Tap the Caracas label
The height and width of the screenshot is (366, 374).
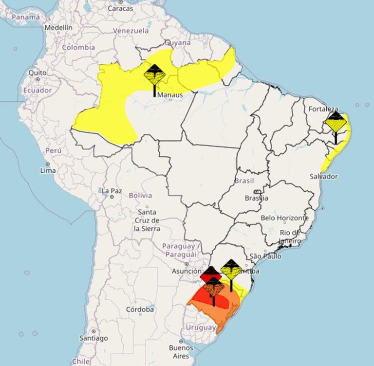(120, 8)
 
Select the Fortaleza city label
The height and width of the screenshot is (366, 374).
(323, 109)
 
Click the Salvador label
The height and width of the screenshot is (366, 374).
(323, 176)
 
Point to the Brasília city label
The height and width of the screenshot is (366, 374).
(257, 198)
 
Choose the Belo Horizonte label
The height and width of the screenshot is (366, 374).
(284, 218)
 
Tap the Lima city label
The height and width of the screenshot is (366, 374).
(48, 171)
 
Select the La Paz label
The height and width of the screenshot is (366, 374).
(111, 191)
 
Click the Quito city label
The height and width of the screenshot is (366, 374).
(37, 73)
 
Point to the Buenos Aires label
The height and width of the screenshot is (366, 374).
(181, 352)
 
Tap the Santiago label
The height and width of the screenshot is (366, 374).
(93, 338)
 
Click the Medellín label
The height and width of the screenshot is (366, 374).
(58, 28)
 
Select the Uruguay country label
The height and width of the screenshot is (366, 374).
(200, 328)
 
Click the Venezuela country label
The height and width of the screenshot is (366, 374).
(131, 30)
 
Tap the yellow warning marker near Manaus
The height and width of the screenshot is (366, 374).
(155, 75)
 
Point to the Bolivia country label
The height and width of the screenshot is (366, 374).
(140, 195)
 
